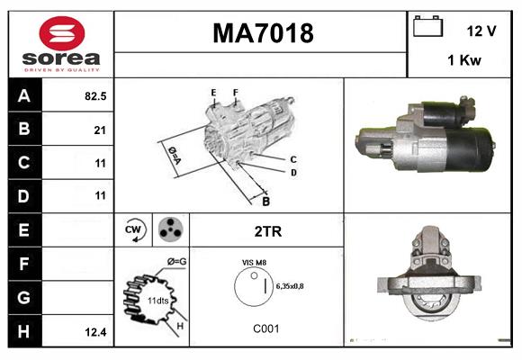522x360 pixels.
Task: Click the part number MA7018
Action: click(x=262, y=34)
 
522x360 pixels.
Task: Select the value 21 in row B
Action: click(x=99, y=130)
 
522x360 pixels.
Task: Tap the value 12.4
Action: click(x=95, y=331)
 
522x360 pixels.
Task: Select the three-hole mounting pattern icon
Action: click(x=170, y=230)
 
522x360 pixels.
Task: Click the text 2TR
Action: click(x=268, y=231)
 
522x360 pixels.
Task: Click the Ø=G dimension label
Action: click(x=176, y=261)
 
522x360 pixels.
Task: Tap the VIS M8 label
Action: click(x=255, y=262)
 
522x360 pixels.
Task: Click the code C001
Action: click(x=265, y=329)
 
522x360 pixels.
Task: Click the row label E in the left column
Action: click(x=24, y=230)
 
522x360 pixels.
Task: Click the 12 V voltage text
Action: click(x=481, y=31)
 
